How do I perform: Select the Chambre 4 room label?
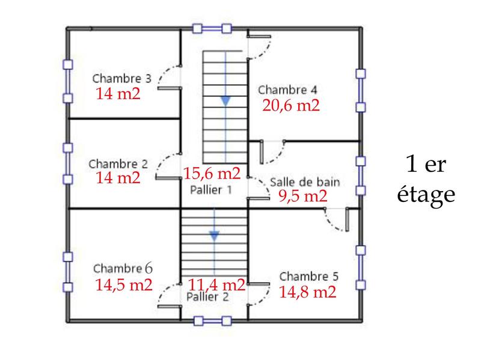tap(287, 90)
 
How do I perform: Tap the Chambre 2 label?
tap(118, 163)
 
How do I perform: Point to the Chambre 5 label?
tap(308, 277)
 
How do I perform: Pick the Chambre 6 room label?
tap(123, 268)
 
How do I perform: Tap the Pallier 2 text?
tap(207, 296)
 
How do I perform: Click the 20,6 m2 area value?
tap(290, 106)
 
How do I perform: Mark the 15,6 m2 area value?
tap(212, 174)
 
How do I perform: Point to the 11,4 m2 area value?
tap(216, 284)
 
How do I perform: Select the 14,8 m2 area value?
tap(307, 293)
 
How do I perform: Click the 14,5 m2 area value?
tap(123, 284)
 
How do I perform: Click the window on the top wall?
tap(212, 28)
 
